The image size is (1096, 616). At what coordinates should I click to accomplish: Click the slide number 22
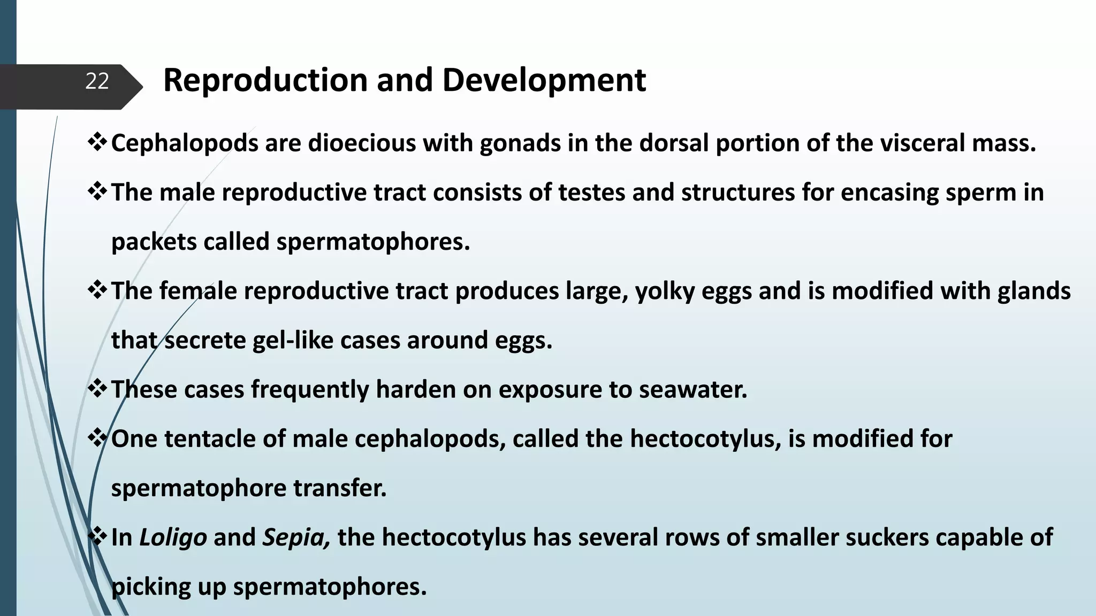point(97,81)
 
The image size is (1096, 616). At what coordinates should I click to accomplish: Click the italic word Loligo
point(173,537)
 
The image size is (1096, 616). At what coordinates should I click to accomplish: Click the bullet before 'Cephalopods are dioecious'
point(97,143)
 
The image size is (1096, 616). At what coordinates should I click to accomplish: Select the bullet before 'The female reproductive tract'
point(97,291)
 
